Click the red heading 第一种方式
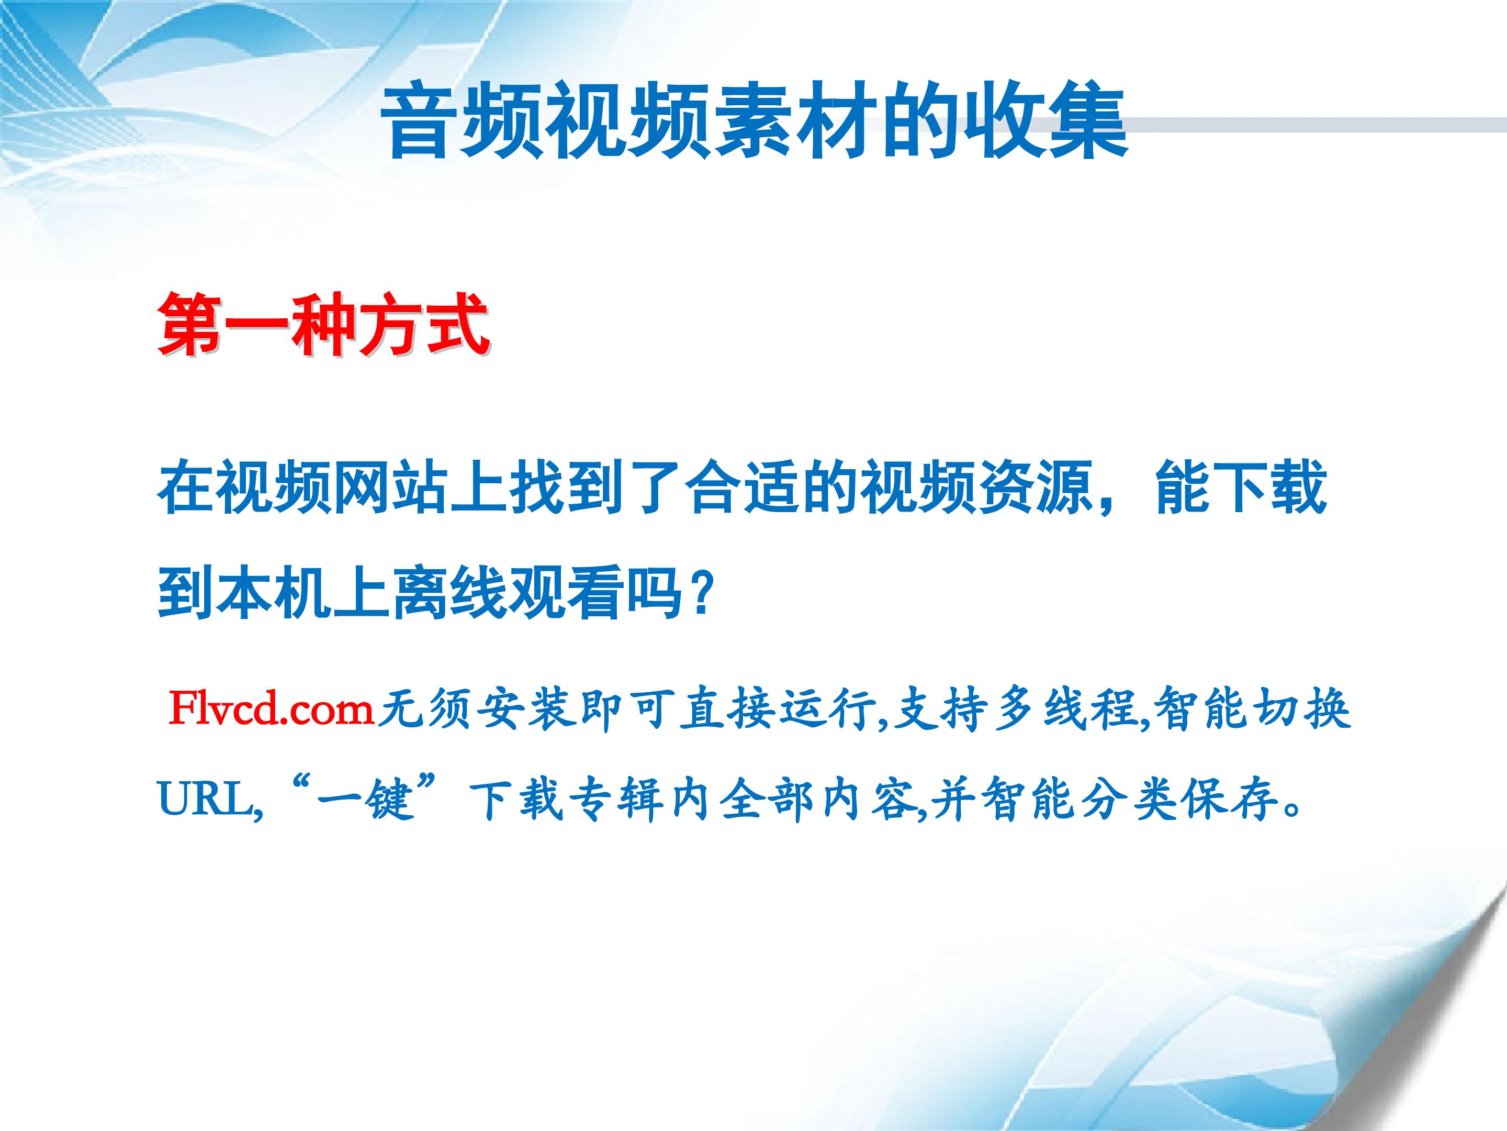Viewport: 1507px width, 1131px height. (323, 325)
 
